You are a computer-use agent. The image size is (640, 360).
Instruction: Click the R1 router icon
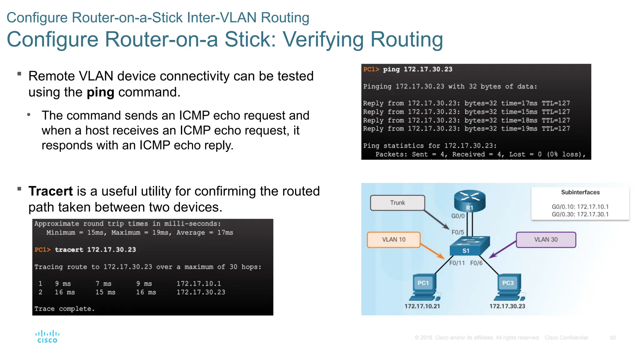470,201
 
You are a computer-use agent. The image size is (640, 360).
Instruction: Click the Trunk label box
397,203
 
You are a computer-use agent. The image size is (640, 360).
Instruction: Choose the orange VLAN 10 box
393,240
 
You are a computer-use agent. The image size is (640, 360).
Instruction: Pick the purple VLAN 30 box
546,240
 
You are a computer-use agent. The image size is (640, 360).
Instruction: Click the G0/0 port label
458,216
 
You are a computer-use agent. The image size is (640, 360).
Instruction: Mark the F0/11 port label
457,263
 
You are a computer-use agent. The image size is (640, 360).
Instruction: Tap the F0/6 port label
476,263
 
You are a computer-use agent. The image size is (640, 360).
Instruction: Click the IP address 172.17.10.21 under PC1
422,306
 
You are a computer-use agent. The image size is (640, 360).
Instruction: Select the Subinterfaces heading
580,192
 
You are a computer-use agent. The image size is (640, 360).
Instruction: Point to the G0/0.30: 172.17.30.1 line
580,214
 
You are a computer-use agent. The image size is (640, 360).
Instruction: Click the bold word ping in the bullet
100,92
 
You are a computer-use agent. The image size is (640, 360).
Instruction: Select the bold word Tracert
51,191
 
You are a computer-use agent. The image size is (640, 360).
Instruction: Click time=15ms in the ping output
519,112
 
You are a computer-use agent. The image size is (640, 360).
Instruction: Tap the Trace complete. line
64,309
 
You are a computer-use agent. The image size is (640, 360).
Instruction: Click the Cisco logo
47,337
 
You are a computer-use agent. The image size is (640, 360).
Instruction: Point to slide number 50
612,338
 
